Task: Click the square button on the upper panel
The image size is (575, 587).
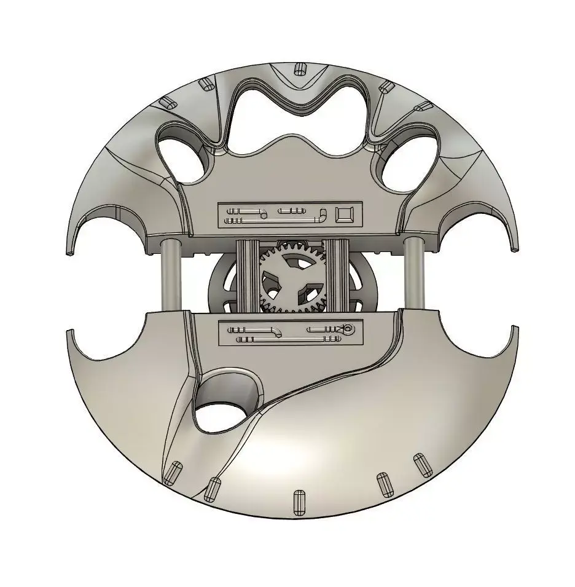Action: (345, 214)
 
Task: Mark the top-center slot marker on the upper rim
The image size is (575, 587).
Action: (300, 68)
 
